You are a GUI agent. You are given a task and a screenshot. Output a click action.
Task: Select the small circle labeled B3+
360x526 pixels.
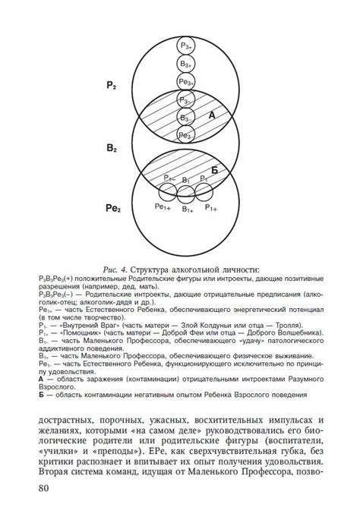(185, 65)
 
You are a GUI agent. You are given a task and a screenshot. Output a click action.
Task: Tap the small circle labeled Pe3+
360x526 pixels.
(185, 82)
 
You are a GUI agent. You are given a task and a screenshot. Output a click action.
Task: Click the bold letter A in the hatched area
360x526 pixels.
(212, 115)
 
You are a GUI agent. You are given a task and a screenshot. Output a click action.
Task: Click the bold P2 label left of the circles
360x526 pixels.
(111, 87)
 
